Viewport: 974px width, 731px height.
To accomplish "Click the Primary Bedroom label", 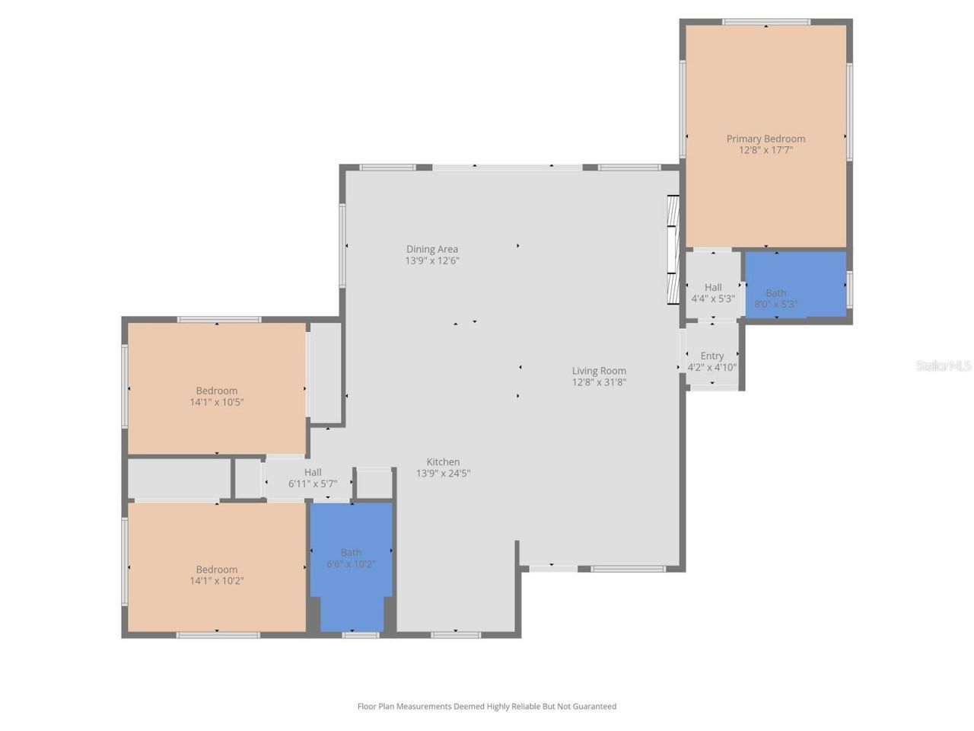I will pyautogui.click(x=766, y=139).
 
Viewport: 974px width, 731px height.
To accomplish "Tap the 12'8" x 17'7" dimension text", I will pyautogui.click(x=766, y=150).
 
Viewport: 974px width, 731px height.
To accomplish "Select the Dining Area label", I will pyautogui.click(x=431, y=249).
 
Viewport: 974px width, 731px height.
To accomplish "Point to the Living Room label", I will pyautogui.click(x=599, y=371).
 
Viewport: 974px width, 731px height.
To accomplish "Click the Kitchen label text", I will pyautogui.click(x=443, y=461).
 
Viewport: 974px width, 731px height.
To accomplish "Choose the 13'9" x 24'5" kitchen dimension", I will pyautogui.click(x=443, y=473).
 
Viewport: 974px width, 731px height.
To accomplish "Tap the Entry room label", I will pyautogui.click(x=712, y=356).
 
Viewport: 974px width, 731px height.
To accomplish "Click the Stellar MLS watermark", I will pyautogui.click(x=944, y=366).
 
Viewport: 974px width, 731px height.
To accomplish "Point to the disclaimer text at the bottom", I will pyautogui.click(x=487, y=707).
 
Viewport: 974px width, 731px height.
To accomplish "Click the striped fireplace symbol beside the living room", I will pyautogui.click(x=673, y=251).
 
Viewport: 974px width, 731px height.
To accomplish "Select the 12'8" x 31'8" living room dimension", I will pyautogui.click(x=599, y=382).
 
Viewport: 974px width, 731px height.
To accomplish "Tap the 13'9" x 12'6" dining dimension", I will pyautogui.click(x=431, y=260).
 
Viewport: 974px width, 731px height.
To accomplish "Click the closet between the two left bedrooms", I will pyautogui.click(x=180, y=478).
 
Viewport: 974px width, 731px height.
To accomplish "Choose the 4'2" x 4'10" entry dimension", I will pyautogui.click(x=712, y=367).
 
